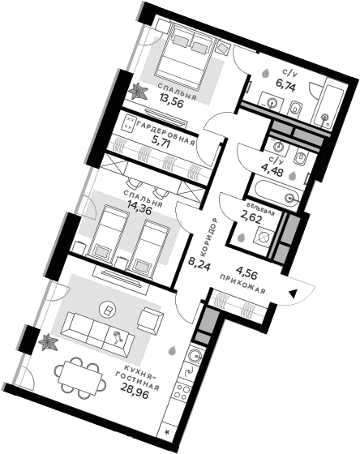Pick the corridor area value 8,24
(x=199, y=263)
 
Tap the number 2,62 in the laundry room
(x=246, y=216)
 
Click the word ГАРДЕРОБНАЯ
(x=167, y=131)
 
